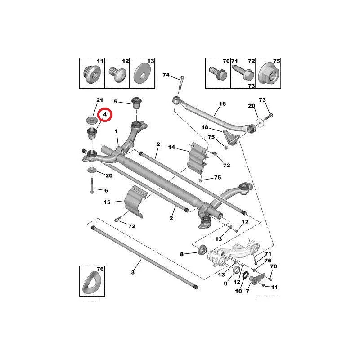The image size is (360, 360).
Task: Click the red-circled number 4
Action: pos(105,114)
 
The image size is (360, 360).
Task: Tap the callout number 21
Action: pos(99,100)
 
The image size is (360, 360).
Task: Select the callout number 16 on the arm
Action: pos(222,104)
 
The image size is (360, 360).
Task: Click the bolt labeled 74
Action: pos(181,84)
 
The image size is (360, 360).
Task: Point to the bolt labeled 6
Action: pos(92,186)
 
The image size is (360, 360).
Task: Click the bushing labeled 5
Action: pos(137,103)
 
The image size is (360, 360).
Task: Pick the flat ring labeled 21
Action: pos(92,120)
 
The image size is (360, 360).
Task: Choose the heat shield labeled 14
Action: pos(197,158)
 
